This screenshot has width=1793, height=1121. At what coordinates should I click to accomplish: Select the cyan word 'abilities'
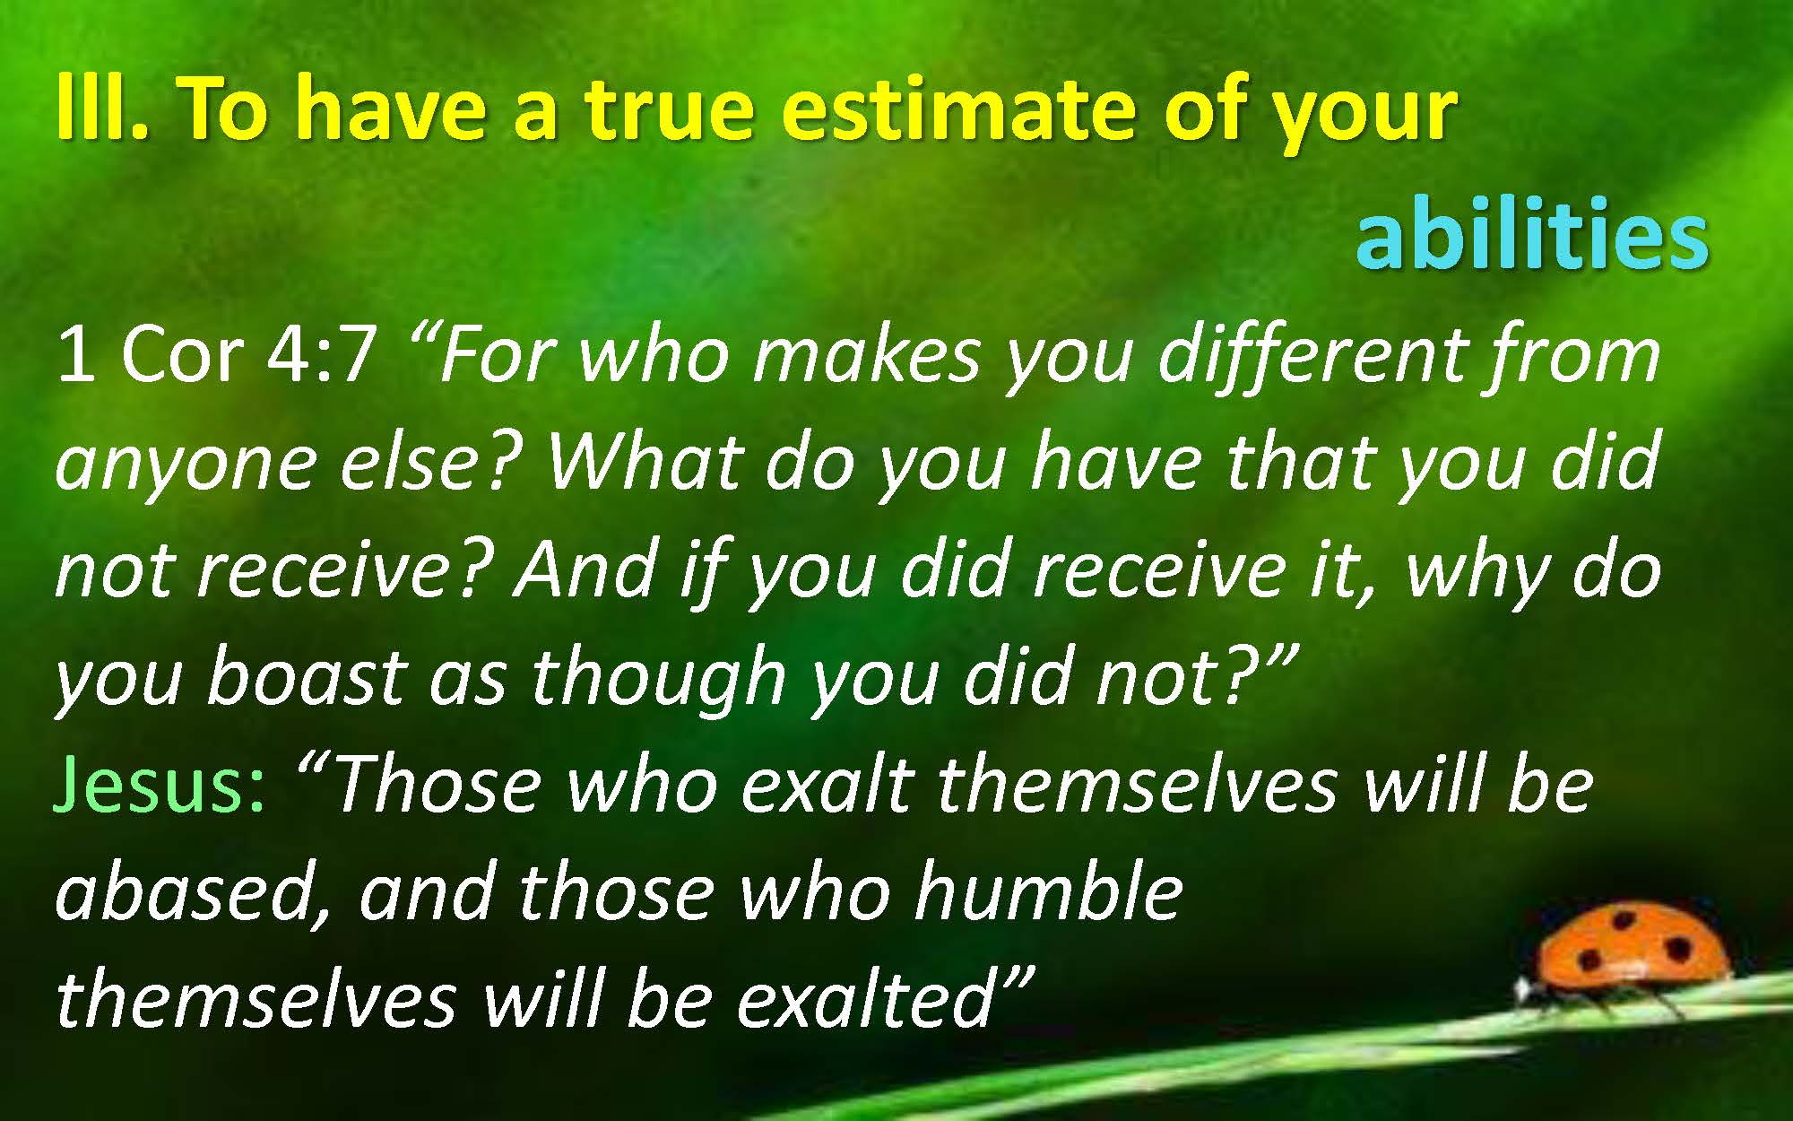pyautogui.click(x=1532, y=232)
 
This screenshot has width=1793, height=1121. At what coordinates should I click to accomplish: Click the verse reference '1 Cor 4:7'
pyautogui.click(x=216, y=353)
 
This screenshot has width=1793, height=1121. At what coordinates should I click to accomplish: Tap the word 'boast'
pyautogui.click(x=305, y=676)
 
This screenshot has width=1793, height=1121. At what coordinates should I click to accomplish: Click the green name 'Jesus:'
pyautogui.click(x=161, y=784)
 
